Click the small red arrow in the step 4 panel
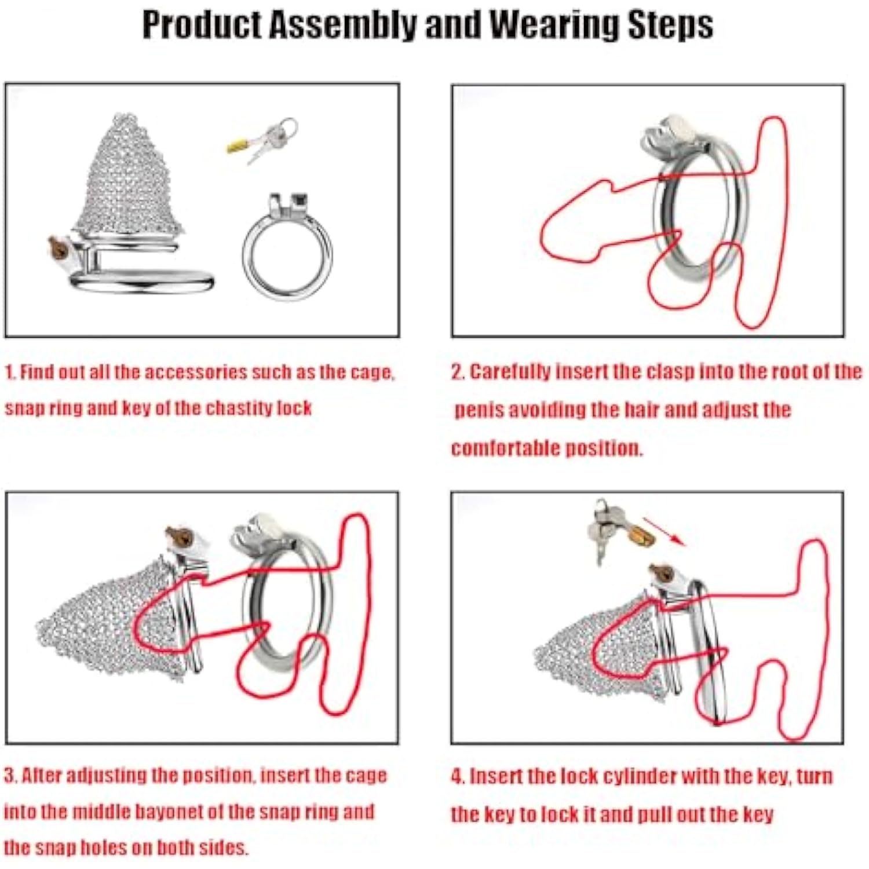[664, 531]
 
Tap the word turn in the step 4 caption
[815, 776]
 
